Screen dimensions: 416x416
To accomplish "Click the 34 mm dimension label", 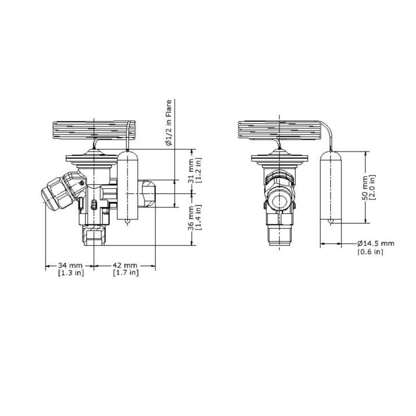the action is click(x=70, y=265).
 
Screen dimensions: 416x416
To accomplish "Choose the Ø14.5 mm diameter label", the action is click(x=376, y=243).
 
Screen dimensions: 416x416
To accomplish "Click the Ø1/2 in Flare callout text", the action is click(x=169, y=123).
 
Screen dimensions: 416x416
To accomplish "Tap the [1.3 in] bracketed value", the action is click(x=71, y=273).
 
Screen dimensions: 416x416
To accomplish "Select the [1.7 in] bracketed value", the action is click(x=126, y=273).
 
